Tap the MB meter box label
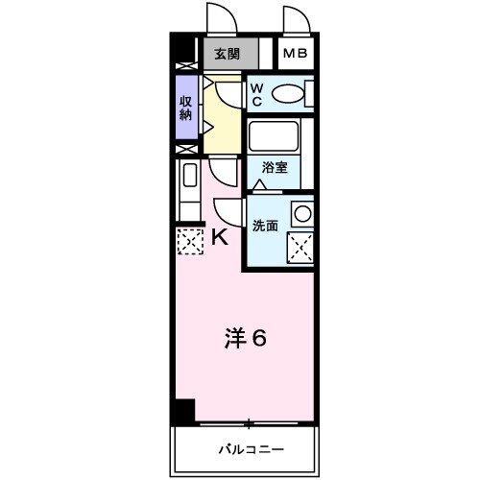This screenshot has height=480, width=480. [295, 54]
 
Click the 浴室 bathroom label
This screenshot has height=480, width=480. [275, 167]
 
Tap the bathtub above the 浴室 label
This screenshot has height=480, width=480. [276, 135]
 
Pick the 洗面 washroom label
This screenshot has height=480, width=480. [265, 226]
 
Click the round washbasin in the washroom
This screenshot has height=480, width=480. [302, 214]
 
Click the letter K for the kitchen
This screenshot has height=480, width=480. [220, 237]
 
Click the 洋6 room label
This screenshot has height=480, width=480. [246, 338]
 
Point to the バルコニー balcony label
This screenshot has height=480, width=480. [244, 448]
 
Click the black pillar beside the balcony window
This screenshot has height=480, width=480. [181, 410]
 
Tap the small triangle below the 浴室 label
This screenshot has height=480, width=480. [259, 183]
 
